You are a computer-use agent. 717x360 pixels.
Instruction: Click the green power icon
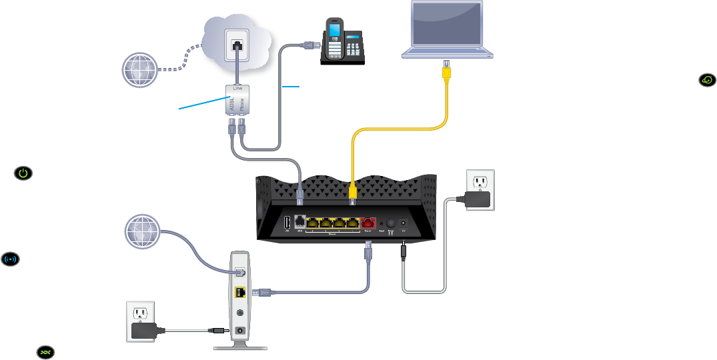tap(23, 173)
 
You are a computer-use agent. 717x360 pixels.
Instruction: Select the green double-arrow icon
tap(45, 351)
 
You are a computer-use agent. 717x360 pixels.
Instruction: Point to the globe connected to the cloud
tap(141, 69)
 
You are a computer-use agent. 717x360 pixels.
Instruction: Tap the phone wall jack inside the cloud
tap(238, 45)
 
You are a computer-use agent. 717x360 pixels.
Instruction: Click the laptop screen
tap(447, 27)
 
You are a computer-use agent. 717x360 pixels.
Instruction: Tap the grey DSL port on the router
tap(299, 224)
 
